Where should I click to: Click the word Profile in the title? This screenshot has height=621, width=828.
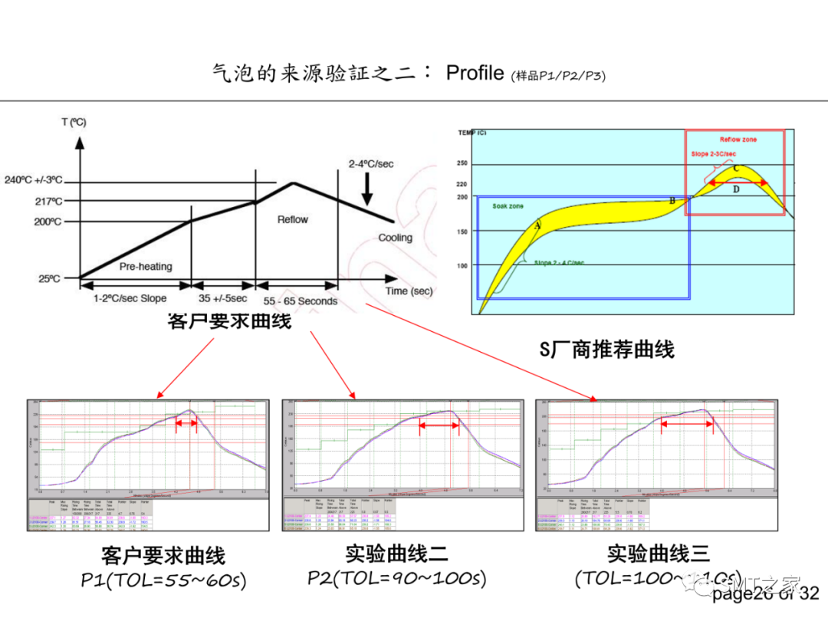point(475,73)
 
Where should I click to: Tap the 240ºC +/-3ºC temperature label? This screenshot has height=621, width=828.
point(32,181)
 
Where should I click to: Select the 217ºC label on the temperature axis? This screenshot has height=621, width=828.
point(48,202)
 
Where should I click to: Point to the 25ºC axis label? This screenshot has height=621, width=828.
point(50,279)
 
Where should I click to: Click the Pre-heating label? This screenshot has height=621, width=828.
point(146,267)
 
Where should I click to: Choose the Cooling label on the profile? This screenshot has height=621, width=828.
point(395,238)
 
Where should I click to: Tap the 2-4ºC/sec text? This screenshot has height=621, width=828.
point(371,164)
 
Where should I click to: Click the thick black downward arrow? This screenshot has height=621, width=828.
point(367,189)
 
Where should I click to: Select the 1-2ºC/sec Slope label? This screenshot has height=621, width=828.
point(130,299)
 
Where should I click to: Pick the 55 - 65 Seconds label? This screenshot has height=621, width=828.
point(300,301)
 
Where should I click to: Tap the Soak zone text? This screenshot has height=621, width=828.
point(508,207)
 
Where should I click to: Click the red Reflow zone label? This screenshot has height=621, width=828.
point(738,140)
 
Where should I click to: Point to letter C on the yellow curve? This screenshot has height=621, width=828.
point(736,168)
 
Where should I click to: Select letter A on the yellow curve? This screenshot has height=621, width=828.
point(537,225)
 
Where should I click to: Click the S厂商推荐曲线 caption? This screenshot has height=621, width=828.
point(606,350)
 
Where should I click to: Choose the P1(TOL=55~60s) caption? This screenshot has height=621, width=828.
point(163,580)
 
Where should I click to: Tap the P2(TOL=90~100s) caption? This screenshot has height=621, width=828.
point(397,578)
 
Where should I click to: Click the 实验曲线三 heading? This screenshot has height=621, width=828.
point(659,554)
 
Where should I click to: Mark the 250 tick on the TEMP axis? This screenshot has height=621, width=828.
point(462,163)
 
